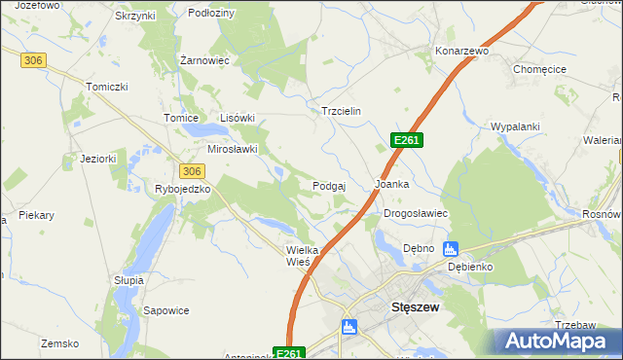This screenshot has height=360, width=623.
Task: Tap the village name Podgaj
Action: [331, 185]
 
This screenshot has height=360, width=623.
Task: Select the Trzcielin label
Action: [341, 111]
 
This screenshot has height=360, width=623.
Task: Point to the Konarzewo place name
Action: [461, 50]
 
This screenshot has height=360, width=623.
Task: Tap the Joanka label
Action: [391, 183]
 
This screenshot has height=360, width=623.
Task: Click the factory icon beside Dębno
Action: [450, 248]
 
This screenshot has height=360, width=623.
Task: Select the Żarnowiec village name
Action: [204, 60]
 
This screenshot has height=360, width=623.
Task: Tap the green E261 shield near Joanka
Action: [406, 141]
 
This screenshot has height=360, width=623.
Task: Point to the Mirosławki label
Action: [233, 149]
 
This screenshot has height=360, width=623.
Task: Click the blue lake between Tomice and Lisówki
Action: [203, 129]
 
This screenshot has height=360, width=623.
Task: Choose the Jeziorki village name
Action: [98, 159]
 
